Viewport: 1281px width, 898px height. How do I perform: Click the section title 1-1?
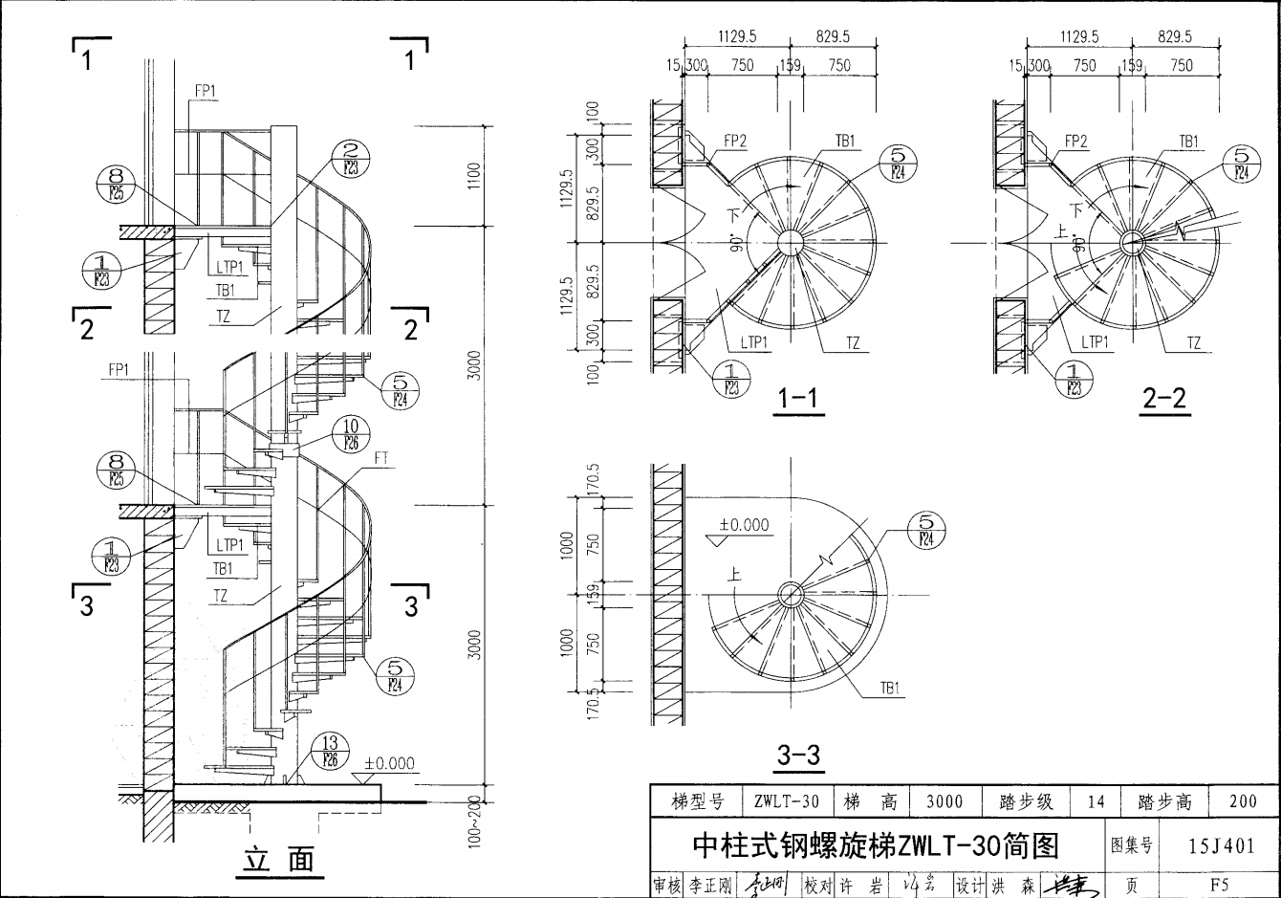click(x=798, y=398)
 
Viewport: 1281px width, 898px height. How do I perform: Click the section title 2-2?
click(x=1164, y=398)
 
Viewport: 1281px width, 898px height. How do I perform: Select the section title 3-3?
click(x=798, y=755)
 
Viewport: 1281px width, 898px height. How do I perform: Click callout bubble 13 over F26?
click(x=330, y=752)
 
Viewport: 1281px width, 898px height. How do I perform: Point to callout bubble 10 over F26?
click(x=351, y=433)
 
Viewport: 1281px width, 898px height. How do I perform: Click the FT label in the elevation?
click(x=381, y=458)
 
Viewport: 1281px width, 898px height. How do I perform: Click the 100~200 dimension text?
click(x=476, y=822)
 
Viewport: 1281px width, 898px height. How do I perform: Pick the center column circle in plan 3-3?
click(x=791, y=594)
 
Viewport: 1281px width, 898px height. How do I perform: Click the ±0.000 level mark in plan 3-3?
click(x=744, y=525)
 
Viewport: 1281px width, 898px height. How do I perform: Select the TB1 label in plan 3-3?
click(x=890, y=688)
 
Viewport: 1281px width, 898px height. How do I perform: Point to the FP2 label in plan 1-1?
click(x=734, y=141)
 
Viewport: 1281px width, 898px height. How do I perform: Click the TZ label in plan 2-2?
click(x=1194, y=342)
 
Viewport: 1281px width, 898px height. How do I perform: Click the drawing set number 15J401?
click(x=1221, y=845)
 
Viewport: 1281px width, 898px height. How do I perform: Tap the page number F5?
click(x=1219, y=885)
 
